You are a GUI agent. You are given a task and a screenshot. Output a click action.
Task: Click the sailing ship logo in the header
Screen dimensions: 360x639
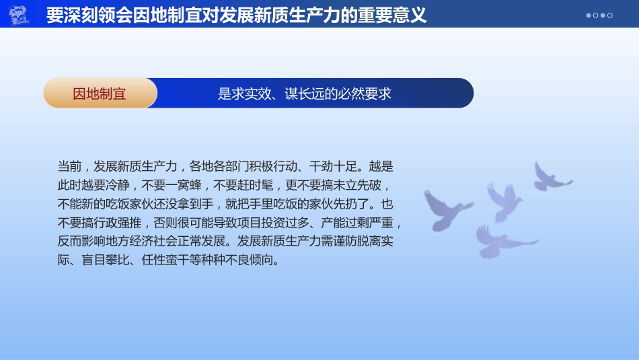pyautogui.click(x=20, y=14)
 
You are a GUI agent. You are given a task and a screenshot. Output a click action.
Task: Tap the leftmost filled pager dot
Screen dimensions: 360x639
pyautogui.click(x=589, y=15)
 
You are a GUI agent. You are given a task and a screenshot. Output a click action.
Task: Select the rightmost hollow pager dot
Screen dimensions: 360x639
pyautogui.click(x=610, y=15)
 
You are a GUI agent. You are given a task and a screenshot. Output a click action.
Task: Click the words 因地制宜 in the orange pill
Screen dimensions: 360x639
pyautogui.click(x=100, y=94)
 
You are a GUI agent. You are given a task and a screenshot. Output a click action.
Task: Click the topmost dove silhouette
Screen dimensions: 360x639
pyautogui.click(x=550, y=176)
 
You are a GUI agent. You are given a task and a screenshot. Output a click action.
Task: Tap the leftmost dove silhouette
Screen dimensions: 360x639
pyautogui.click(x=447, y=209)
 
